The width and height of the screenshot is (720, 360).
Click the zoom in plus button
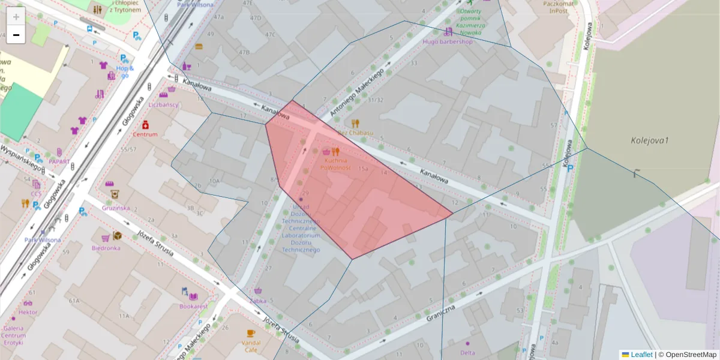[x=16, y=17]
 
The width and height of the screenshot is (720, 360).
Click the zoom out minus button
[x=16, y=35]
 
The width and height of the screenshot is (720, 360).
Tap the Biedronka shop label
[x=106, y=248]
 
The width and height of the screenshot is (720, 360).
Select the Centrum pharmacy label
[x=145, y=134]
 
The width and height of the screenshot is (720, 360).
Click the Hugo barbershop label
[x=448, y=42]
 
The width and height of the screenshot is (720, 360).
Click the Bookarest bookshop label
[x=193, y=306]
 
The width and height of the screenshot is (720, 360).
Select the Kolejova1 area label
[x=650, y=140]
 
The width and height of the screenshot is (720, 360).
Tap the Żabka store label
[x=258, y=301]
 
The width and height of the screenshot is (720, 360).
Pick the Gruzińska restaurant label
[x=115, y=208]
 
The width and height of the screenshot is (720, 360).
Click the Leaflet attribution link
[x=641, y=355]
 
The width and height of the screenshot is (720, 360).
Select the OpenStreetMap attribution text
[x=690, y=355]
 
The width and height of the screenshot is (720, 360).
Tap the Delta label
[x=467, y=353]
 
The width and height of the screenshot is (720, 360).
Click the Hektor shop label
[x=28, y=313]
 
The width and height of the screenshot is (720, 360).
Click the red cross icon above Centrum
[x=145, y=125]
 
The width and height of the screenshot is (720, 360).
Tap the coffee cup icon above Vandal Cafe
[x=251, y=333]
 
